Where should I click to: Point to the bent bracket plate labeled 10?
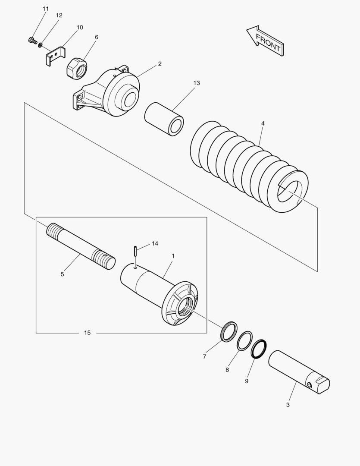point(55,57)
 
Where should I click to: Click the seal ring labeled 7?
point(229,331)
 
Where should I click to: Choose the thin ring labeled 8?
point(245,341)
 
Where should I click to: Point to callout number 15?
point(88,333)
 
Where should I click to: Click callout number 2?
point(160,64)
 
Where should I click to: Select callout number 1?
point(173,256)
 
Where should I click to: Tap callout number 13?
point(197,83)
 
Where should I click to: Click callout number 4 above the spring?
point(263,123)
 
